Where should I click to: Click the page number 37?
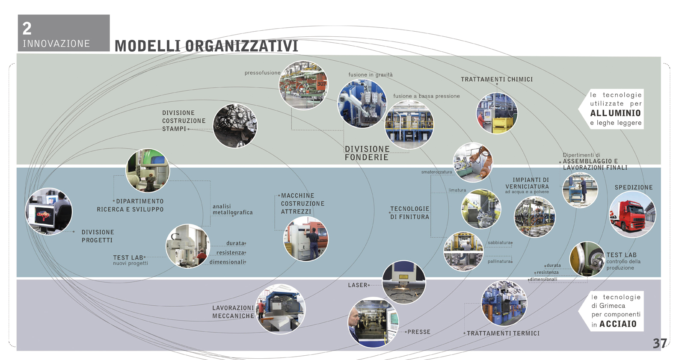click(659, 343)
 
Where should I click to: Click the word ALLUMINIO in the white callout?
click(615, 113)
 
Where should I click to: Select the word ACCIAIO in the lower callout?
click(618, 324)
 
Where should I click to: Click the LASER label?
click(358, 285)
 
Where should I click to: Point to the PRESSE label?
click(419, 332)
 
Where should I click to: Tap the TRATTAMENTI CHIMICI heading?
click(496, 80)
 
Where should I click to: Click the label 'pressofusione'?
click(262, 73)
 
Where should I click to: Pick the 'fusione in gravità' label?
click(370, 75)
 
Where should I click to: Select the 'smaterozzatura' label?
click(436, 172)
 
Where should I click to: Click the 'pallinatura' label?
click(499, 261)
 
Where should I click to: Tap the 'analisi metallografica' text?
click(232, 210)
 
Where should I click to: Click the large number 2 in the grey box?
click(27, 29)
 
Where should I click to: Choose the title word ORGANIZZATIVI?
click(242, 46)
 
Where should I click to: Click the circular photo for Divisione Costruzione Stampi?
click(235, 126)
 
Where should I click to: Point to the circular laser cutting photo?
click(403, 282)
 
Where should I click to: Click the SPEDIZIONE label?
click(633, 187)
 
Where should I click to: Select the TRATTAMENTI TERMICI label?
click(503, 333)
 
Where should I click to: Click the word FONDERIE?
click(366, 157)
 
